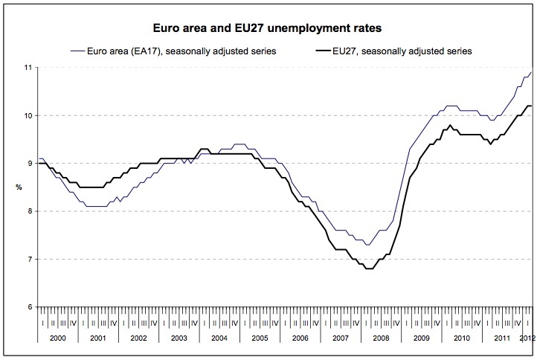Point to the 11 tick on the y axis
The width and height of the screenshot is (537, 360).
28,68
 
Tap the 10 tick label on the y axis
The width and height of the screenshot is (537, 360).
28,115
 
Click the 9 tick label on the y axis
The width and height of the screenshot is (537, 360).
29,164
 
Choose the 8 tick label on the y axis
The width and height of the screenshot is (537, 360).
29,211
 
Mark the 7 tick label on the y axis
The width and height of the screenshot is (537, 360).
29,260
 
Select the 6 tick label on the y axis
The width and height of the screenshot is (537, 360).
29,307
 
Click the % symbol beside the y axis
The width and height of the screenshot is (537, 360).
19,187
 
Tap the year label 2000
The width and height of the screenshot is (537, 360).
57,338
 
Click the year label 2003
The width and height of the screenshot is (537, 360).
179,338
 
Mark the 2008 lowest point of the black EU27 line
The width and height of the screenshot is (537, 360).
368,269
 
